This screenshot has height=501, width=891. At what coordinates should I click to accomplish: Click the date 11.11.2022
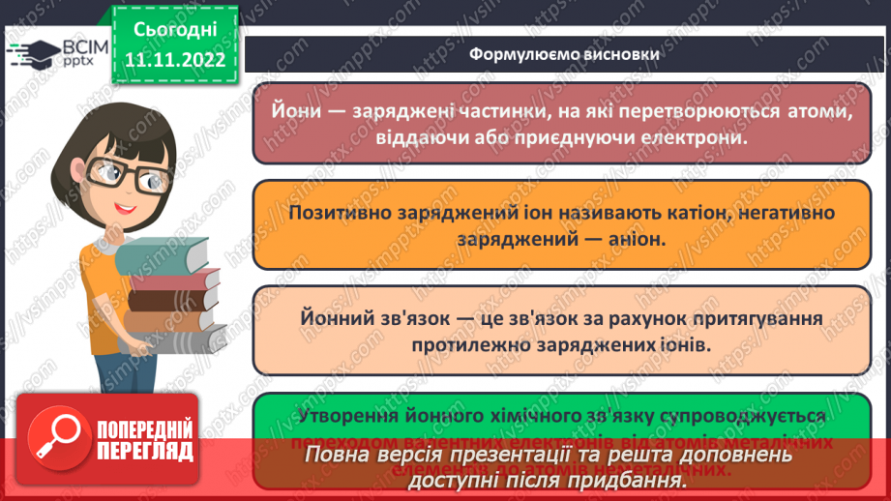(174, 60)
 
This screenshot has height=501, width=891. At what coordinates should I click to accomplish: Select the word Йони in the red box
(302, 113)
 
